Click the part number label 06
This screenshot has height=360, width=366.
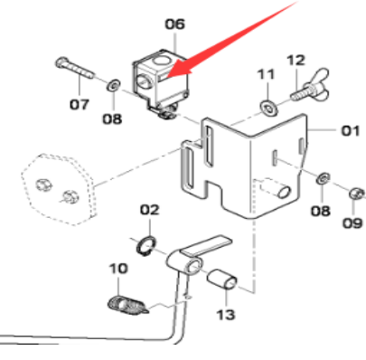pyautogui.click(x=173, y=24)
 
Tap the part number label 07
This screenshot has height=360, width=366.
pyautogui.click(x=80, y=103)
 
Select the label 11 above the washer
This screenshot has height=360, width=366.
pyautogui.click(x=266, y=73)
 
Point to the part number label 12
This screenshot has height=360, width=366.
pyautogui.click(x=296, y=60)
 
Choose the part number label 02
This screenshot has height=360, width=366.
pyautogui.click(x=149, y=209)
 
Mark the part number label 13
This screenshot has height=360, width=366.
pyautogui.click(x=225, y=314)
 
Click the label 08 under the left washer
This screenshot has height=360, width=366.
pyautogui.click(x=110, y=118)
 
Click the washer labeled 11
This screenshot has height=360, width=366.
pyautogui.click(x=269, y=108)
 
